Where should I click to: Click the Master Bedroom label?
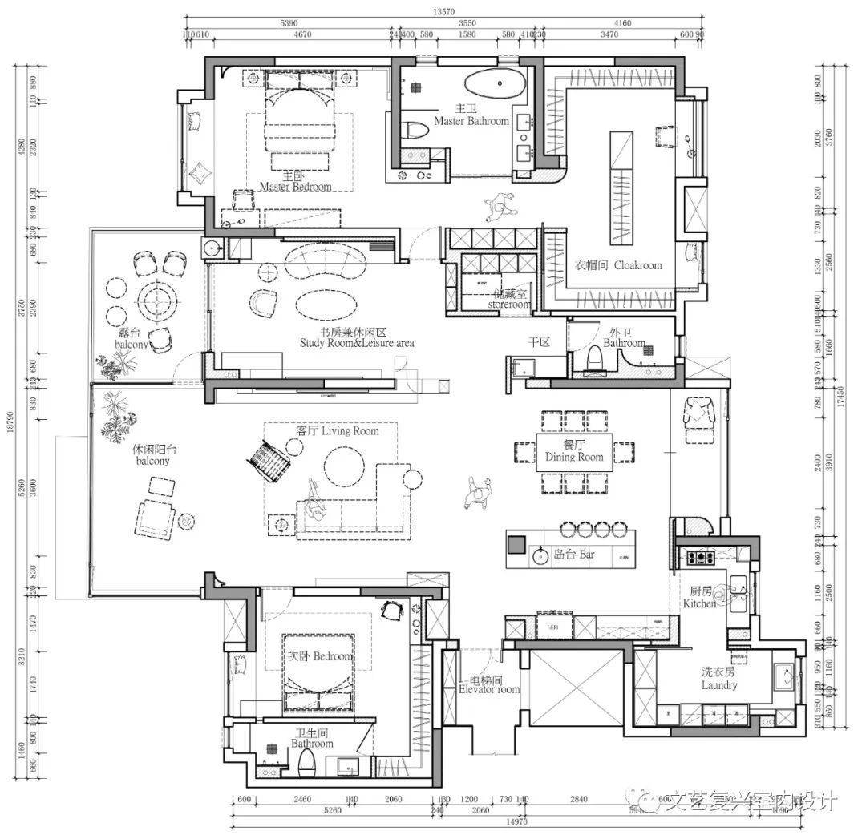(295, 187)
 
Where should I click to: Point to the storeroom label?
(509, 304)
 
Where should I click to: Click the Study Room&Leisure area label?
(357, 342)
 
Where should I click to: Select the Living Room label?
(338, 431)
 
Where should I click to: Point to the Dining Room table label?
(573, 457)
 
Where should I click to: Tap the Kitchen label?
(699, 603)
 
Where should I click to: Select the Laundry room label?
(718, 685)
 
